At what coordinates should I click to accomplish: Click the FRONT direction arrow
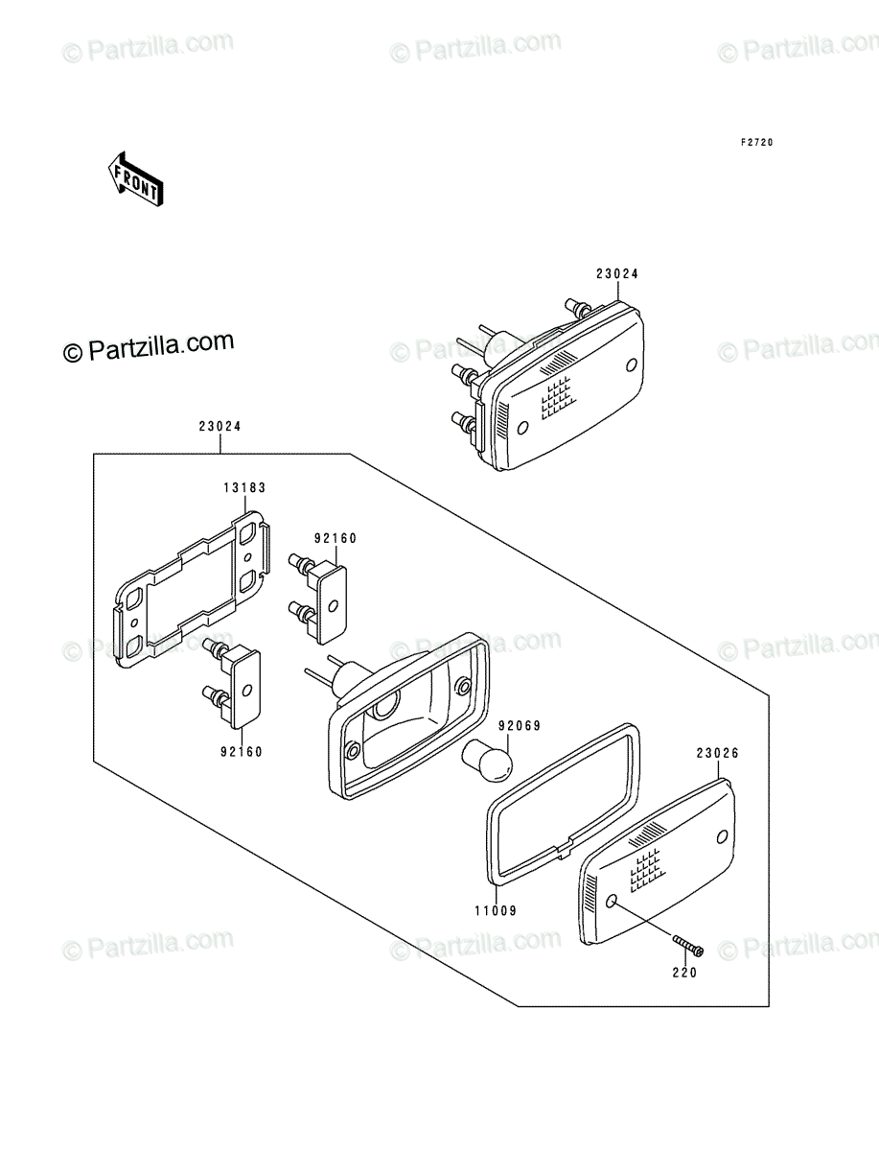[x=136, y=179]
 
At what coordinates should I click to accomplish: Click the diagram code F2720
[x=756, y=143]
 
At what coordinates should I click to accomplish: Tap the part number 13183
[x=244, y=487]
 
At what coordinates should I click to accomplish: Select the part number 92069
[x=520, y=726]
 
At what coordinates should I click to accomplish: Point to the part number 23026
[x=717, y=754]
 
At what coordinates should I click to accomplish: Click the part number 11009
[x=496, y=911]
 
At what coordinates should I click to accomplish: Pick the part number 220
[x=684, y=973]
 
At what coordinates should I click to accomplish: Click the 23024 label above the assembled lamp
[x=617, y=273]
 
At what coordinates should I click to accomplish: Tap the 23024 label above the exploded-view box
[x=220, y=426]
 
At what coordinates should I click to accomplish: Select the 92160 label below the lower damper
[x=241, y=752]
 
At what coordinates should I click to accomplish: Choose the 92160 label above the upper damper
[x=335, y=538]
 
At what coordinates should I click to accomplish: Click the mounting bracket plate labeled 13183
[x=193, y=589]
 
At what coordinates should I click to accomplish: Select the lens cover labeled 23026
[x=658, y=862]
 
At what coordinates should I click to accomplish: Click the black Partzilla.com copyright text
[x=149, y=347]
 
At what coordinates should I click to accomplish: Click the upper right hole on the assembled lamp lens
[x=632, y=364]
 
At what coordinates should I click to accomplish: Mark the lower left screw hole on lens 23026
[x=611, y=901]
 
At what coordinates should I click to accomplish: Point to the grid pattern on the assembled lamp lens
[x=559, y=398]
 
